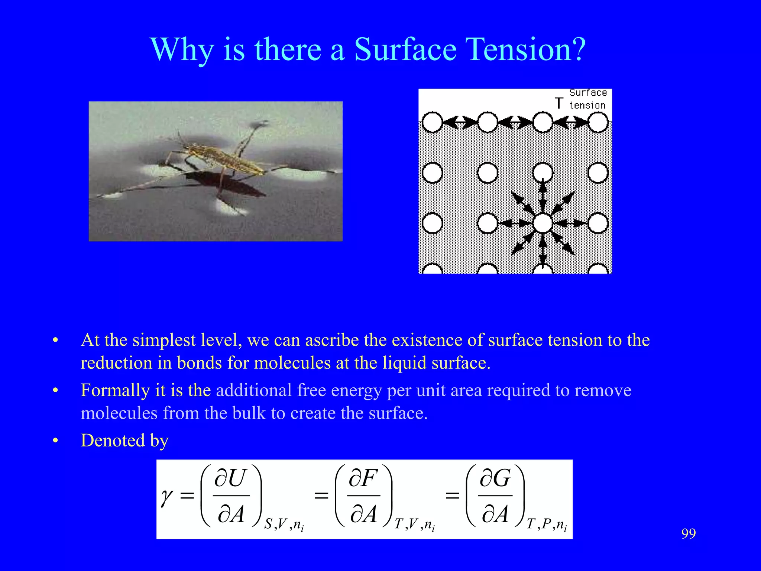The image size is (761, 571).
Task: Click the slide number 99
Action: coord(689,533)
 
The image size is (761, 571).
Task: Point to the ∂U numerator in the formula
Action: coord(230,478)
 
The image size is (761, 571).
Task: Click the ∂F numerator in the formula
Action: coord(363,478)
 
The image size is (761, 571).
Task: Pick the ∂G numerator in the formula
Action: coord(495,478)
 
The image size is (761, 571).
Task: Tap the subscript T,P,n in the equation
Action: coord(547,525)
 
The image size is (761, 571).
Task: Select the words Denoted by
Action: coord(125,441)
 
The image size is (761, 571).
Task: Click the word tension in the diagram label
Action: coord(587,105)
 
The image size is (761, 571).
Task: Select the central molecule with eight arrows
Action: coord(543,223)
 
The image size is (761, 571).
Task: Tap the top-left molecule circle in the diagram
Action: coord(432,122)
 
